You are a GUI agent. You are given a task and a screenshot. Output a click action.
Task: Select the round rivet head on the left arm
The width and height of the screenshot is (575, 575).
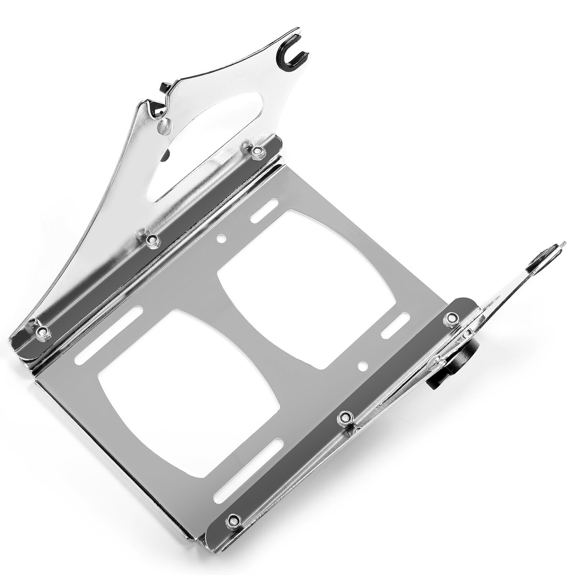[x=164, y=124]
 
